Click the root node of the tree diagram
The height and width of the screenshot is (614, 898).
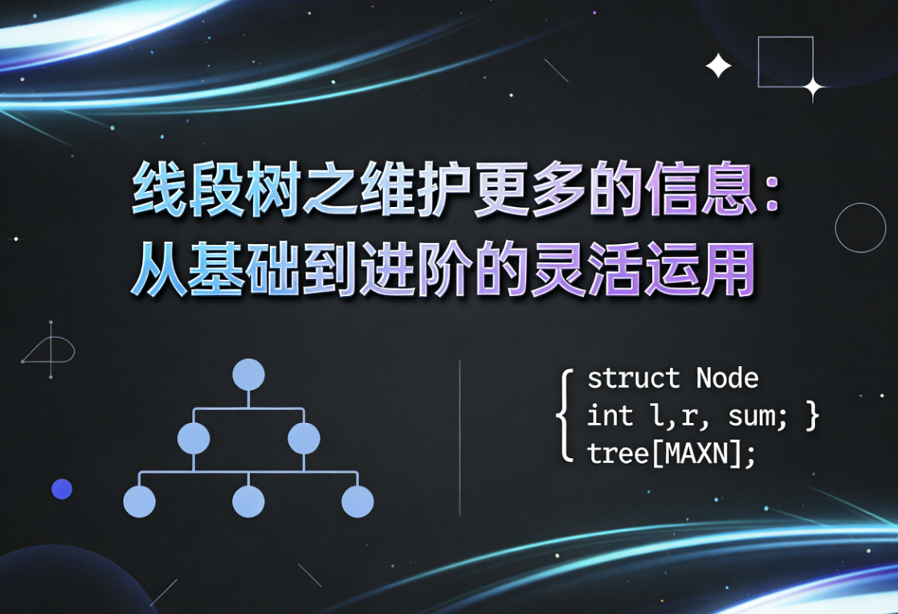[248, 375]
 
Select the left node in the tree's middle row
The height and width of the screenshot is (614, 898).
[194, 438]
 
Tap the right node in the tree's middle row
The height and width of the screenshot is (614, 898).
[304, 438]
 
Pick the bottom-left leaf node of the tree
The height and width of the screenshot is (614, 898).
[139, 502]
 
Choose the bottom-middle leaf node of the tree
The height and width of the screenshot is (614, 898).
[248, 502]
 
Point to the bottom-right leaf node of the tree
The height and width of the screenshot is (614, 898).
[357, 502]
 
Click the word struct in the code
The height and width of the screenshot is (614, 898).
[634, 378]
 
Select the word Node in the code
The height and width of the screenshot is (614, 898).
[727, 378]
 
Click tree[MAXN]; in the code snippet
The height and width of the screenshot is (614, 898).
[671, 454]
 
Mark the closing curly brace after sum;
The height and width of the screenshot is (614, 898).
[811, 416]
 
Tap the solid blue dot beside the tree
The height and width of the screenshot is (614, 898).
[62, 489]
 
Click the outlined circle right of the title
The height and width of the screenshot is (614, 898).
[860, 228]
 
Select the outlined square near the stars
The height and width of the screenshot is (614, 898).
[785, 61]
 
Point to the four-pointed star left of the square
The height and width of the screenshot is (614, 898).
[718, 67]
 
